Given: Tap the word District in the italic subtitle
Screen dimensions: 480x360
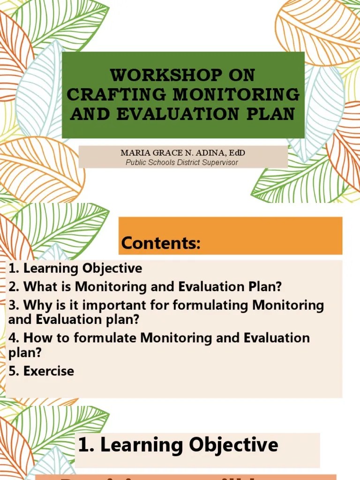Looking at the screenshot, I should coord(184,163).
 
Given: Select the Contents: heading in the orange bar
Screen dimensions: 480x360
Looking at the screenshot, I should coord(161,243).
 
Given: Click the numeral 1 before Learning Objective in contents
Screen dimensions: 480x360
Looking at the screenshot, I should coord(12,269).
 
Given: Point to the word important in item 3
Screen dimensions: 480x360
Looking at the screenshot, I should coord(114,306).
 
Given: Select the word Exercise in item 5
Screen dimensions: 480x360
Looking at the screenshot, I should coord(49,371).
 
